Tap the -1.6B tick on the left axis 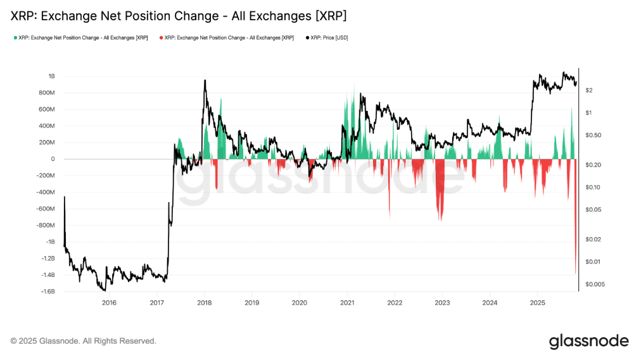pos(47,292)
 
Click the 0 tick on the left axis pos(53,159)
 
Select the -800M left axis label pos(46,225)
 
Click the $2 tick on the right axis pos(588,91)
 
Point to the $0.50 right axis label pos(593,135)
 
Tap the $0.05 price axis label pos(593,209)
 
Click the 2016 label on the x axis pos(109,302)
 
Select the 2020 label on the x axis pos(299,302)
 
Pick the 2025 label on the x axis pos(537,302)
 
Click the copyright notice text pos(84,341)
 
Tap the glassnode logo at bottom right pos(588,340)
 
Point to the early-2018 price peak pos(205,80)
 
